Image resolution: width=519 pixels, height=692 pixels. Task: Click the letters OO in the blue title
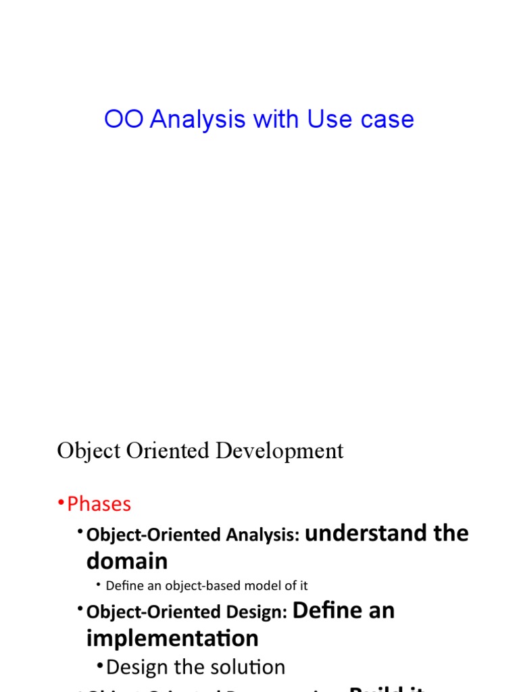[124, 120]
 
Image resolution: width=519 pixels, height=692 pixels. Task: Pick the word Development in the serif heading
[279, 451]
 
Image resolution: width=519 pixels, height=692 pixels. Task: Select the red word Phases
[99, 504]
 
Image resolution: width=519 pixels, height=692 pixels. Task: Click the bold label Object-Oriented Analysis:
[193, 535]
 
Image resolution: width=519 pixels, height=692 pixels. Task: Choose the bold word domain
[127, 561]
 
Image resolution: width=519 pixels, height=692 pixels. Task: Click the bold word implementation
[172, 638]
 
